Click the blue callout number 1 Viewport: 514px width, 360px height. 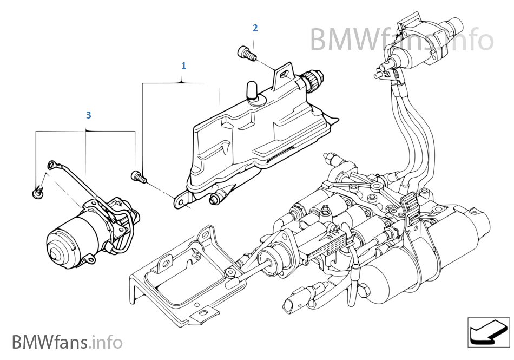click(184, 66)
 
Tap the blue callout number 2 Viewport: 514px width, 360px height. click(255, 28)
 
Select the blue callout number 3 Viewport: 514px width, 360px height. click(89, 115)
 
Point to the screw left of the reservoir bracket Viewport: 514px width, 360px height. click(137, 175)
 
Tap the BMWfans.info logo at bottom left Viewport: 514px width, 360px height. click(67, 342)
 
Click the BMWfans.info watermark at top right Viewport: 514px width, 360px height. click(401, 39)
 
